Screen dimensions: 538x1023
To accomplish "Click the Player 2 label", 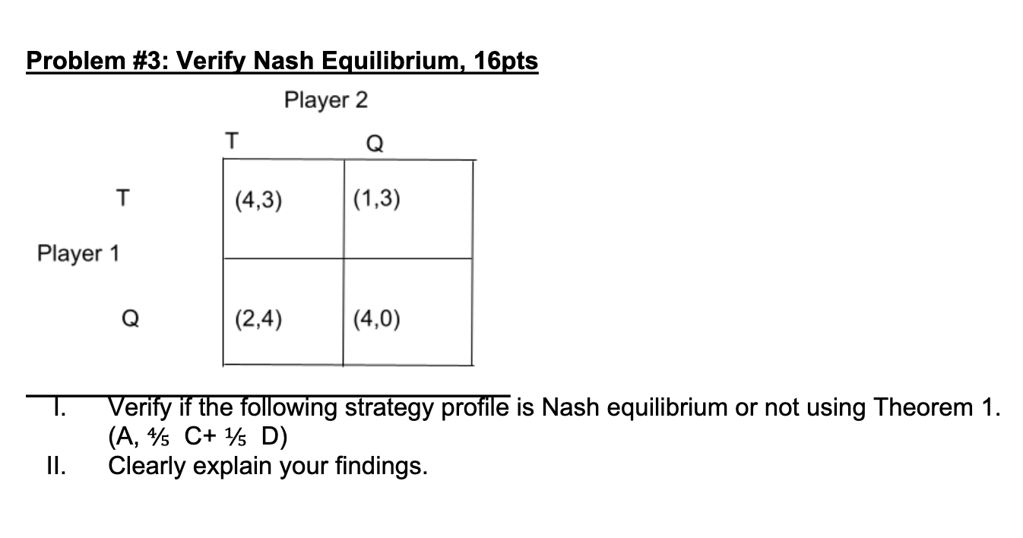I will tap(325, 100).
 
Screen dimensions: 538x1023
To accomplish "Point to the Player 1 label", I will tap(78, 253).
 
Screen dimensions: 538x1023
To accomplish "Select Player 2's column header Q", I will tap(374, 143).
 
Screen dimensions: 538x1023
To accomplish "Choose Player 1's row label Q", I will tap(130, 320).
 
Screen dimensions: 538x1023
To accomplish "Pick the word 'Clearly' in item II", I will tap(148, 466).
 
